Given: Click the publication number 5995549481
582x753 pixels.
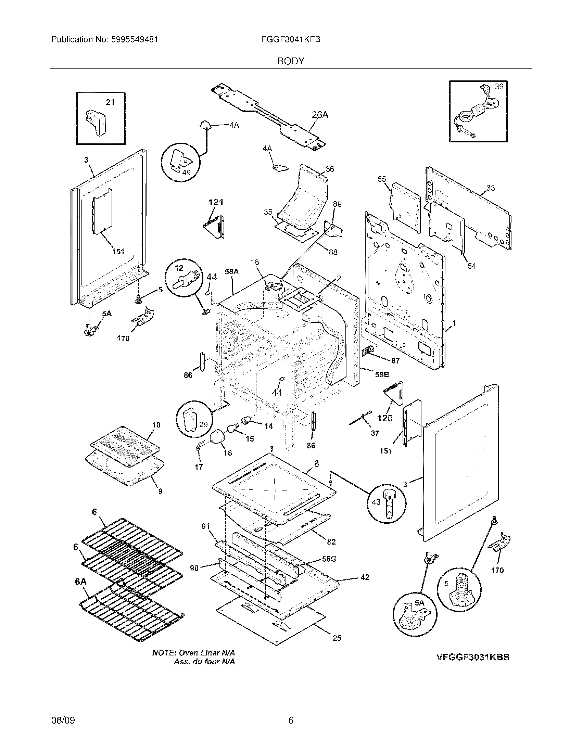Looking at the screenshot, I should [x=135, y=40].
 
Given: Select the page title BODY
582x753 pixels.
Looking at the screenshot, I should [x=291, y=61].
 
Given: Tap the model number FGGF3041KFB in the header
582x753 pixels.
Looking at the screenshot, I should [x=291, y=40].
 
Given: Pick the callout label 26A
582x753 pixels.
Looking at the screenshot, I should [x=320, y=115].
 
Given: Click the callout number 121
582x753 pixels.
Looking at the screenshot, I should [x=216, y=202].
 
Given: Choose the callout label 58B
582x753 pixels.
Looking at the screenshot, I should [x=382, y=374].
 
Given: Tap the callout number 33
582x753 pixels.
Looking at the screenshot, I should [x=490, y=188].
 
